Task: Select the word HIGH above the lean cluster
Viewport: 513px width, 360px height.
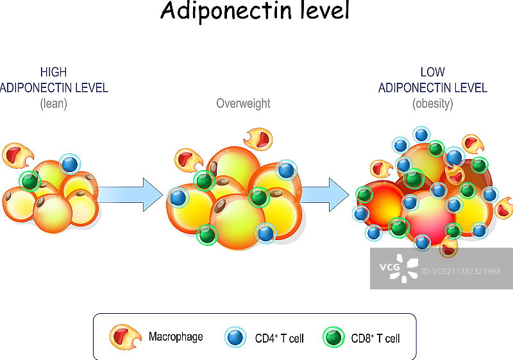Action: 53,73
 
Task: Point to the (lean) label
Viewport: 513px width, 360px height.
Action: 53,103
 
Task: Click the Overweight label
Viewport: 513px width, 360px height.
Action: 243,103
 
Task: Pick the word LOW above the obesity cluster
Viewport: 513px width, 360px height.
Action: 432,73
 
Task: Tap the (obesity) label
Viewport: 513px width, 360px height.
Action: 432,103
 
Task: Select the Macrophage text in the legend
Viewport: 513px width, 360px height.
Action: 176,336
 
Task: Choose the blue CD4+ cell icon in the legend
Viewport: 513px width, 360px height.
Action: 235,337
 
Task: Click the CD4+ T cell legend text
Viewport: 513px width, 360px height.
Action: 279,338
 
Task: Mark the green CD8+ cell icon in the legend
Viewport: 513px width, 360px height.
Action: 333,337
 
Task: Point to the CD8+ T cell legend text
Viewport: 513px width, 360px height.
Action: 375,338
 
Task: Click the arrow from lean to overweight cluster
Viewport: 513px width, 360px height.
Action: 131,194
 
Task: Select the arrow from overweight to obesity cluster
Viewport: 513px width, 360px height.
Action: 327,194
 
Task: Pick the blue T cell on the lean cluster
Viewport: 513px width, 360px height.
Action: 70,164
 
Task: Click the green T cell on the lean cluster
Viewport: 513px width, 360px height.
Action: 29,182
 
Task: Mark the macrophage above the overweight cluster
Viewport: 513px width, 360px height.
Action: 258,139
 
